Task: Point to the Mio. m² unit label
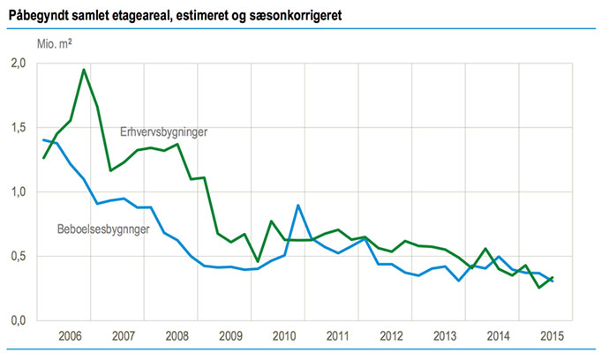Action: (x=56, y=42)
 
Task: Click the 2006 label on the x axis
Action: (x=71, y=337)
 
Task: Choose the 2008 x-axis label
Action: (x=177, y=337)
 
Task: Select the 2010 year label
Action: (x=283, y=337)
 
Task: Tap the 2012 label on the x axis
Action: (x=390, y=337)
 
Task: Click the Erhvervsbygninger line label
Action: (x=169, y=131)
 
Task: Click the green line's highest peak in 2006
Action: (x=84, y=70)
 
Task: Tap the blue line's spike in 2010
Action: (x=298, y=205)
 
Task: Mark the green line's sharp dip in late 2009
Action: (x=258, y=262)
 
